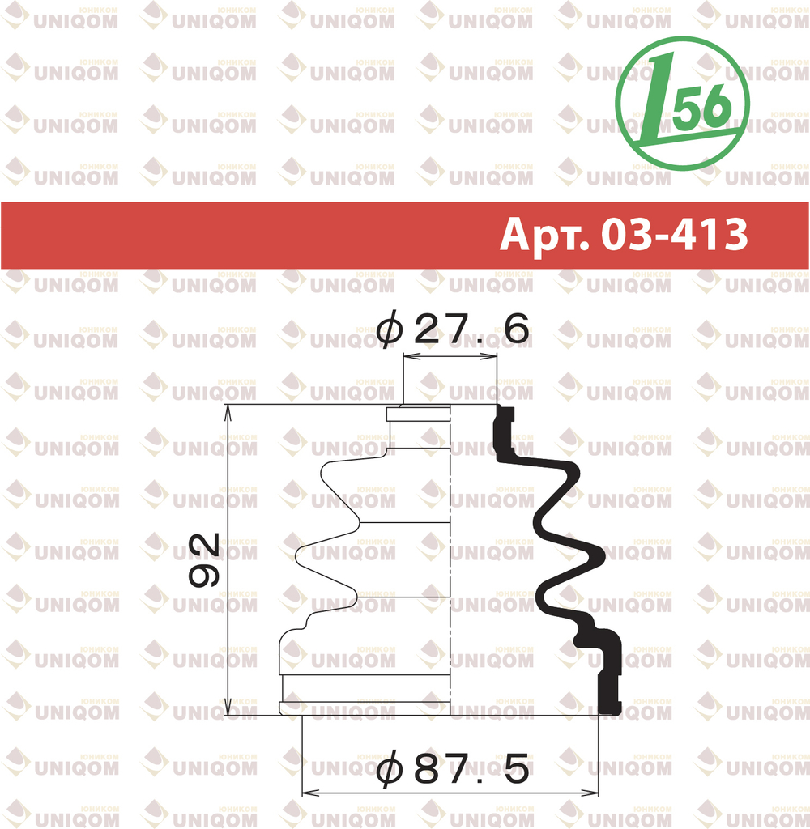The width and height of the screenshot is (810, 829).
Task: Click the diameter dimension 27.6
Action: pos(453,329)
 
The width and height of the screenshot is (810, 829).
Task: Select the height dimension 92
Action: pos(204,559)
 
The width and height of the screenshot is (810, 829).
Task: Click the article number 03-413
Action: pos(675,234)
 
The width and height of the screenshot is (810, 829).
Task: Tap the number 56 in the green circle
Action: pos(702,108)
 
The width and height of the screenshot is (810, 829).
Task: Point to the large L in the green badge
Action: pos(655,99)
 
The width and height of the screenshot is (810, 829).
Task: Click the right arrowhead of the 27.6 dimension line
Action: pos(489,357)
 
